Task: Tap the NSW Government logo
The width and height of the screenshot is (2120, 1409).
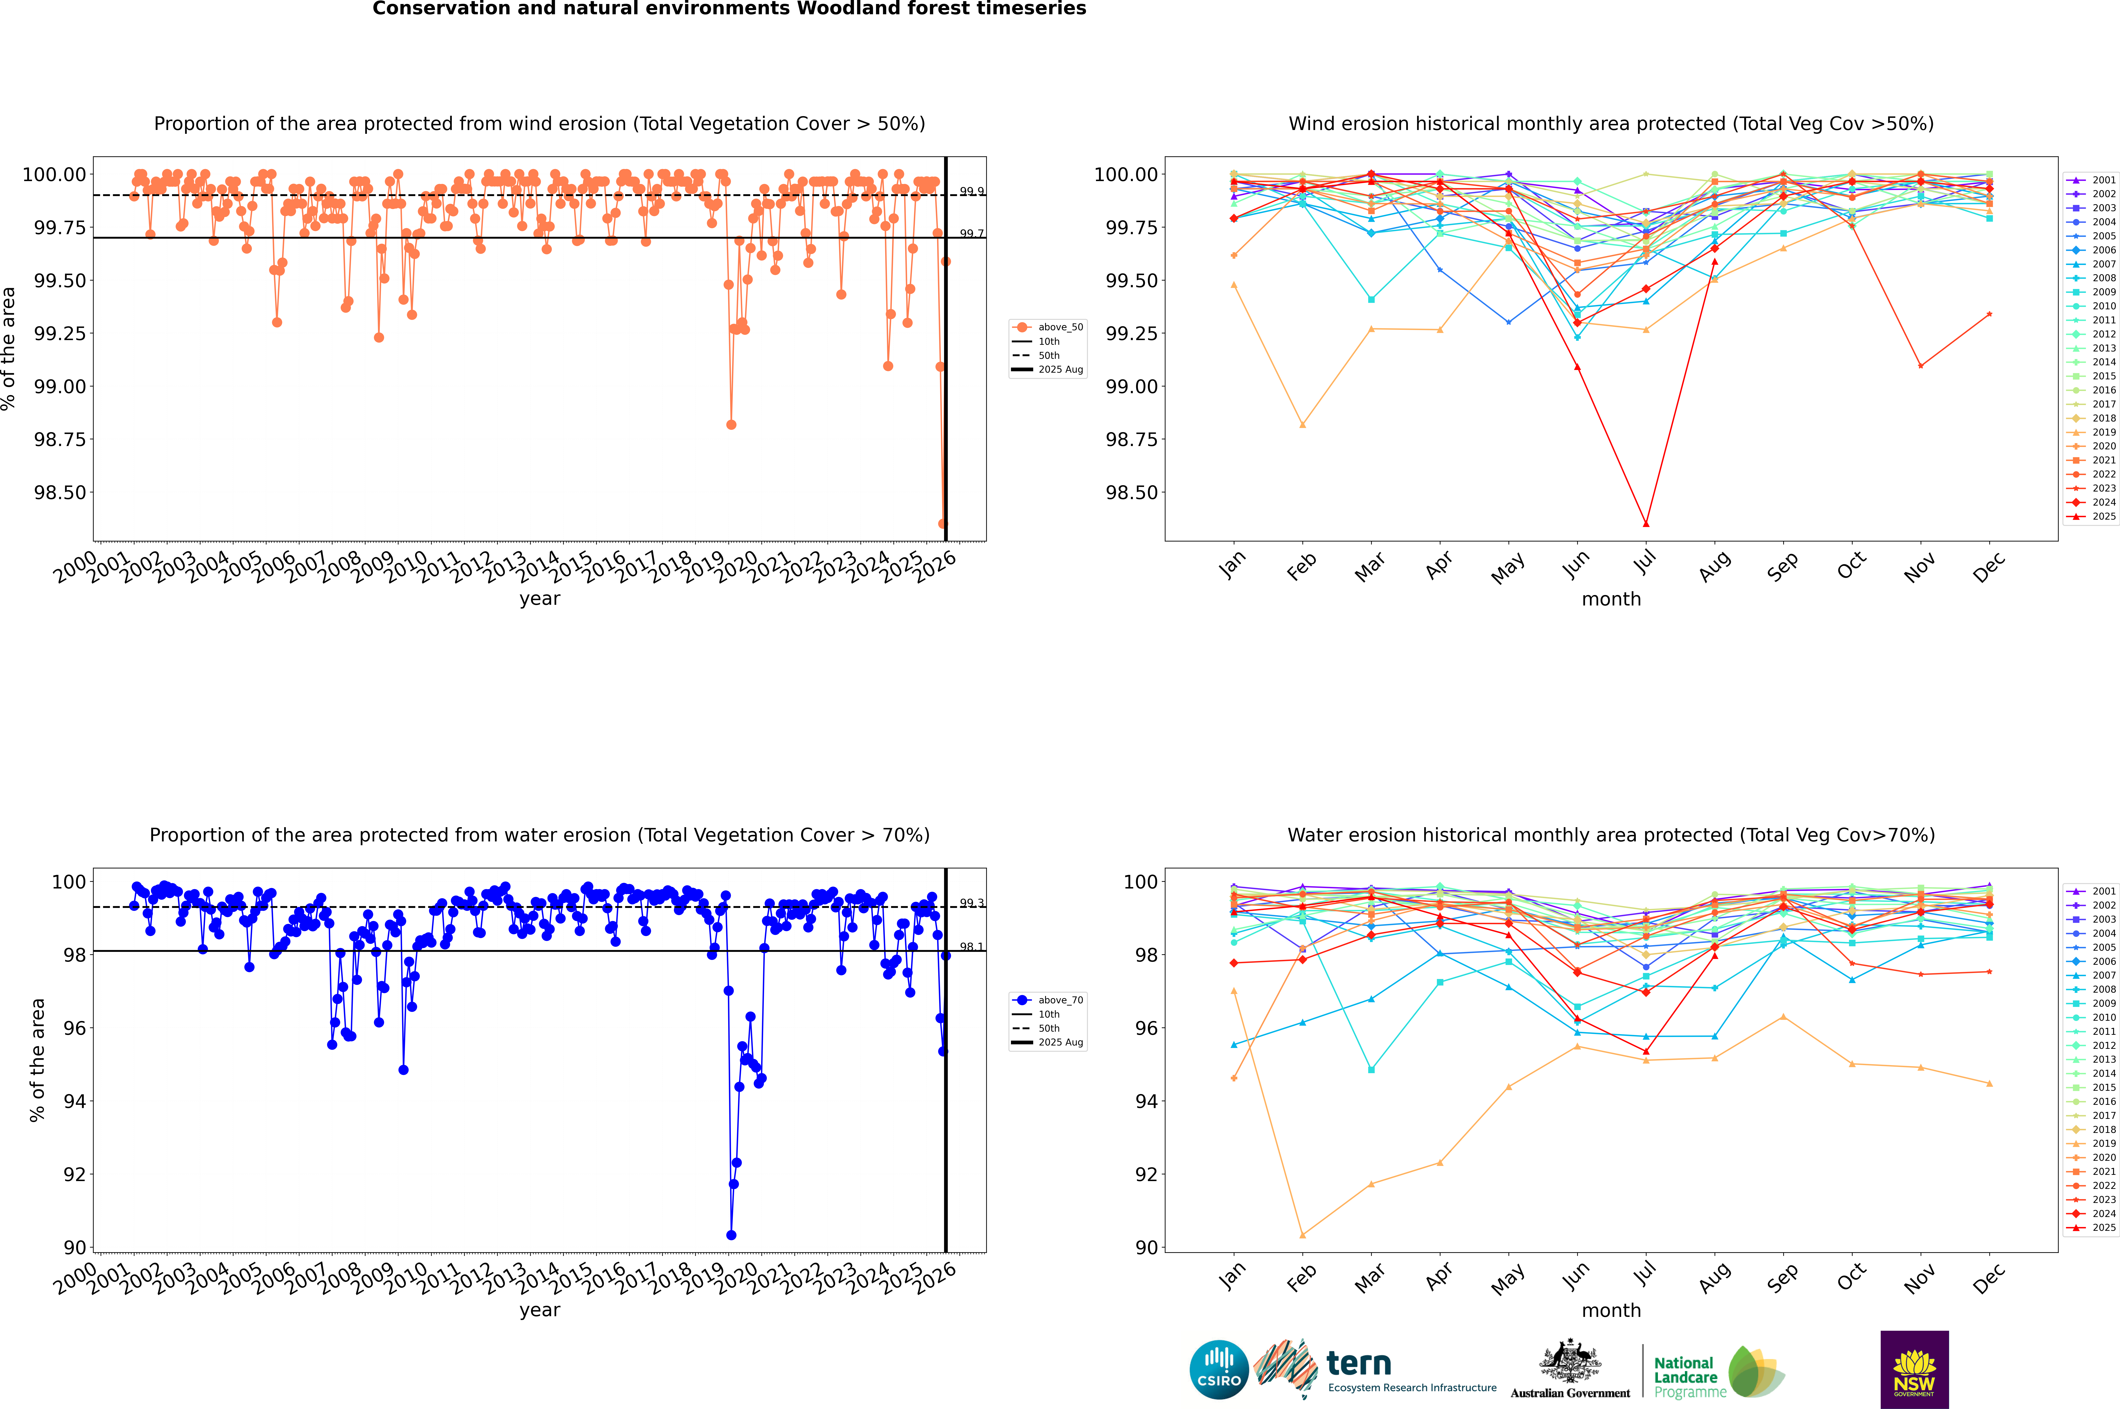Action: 1914,1370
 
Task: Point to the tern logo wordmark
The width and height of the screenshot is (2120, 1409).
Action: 1359,1364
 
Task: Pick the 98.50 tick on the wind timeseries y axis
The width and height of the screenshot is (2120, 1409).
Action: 59,492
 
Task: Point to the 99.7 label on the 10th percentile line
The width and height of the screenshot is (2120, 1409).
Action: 971,234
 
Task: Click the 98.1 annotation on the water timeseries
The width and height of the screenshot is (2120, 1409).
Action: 971,947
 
